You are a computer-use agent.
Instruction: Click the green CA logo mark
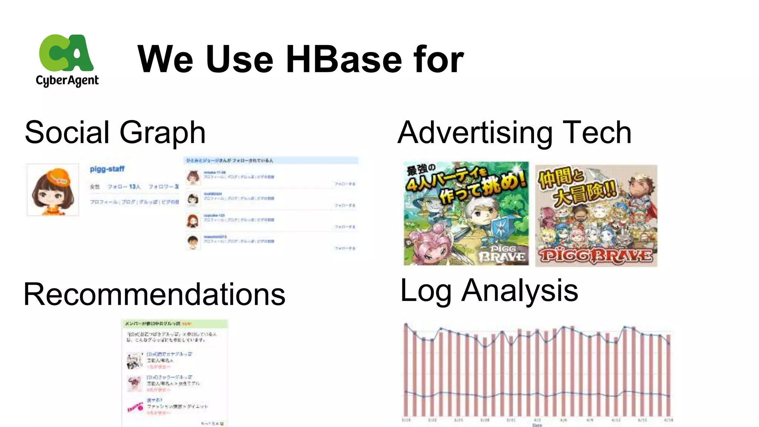66,53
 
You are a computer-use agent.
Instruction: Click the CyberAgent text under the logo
67,80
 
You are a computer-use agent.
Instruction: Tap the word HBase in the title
344,59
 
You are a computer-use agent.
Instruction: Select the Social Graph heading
115,132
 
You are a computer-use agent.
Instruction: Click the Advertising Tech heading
514,132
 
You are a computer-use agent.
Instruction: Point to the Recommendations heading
154,294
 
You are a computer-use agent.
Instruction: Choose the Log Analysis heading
489,291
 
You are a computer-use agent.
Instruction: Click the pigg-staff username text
107,169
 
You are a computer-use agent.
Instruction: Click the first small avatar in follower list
193,178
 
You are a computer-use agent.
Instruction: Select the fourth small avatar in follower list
193,242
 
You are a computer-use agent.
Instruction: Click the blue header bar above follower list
271,160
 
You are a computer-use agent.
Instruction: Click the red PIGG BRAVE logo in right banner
596,255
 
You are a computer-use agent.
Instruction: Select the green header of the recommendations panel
175,323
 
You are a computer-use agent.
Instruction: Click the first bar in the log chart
406,371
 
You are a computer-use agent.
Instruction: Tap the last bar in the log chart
669,374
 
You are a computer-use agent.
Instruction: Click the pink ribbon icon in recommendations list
135,407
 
